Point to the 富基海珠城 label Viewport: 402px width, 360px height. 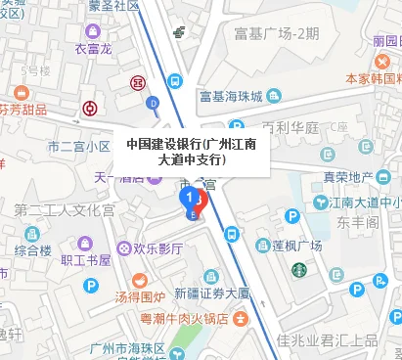tap(231, 97)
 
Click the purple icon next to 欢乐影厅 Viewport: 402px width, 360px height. tap(125, 248)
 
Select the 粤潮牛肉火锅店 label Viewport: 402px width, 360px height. tap(189, 317)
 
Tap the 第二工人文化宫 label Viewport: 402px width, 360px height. tap(65, 209)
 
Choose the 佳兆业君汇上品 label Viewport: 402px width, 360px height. tap(327, 341)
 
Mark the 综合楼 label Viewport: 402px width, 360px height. tap(33, 250)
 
